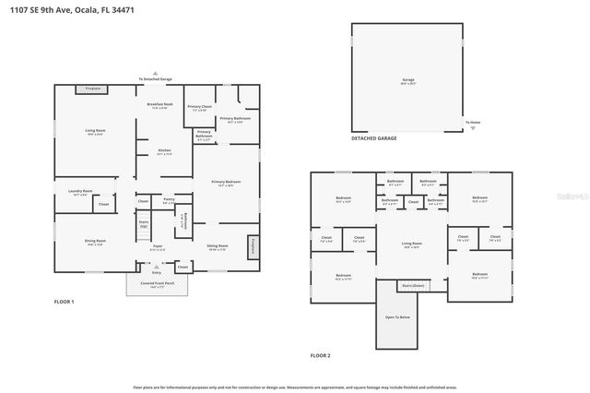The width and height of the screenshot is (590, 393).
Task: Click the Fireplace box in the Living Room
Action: click(92, 89)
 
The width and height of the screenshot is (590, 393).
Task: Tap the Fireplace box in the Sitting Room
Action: click(253, 247)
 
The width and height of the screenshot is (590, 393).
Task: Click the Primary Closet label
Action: click(200, 107)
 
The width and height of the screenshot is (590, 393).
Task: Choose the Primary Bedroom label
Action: click(225, 183)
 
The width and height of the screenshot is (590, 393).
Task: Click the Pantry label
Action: click(169, 199)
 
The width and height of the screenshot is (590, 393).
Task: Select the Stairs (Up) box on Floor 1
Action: click(143, 223)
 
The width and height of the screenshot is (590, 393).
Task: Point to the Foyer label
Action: click(158, 247)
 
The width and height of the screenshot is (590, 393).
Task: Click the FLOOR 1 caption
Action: click(64, 302)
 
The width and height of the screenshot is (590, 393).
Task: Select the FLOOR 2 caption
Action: click(320, 355)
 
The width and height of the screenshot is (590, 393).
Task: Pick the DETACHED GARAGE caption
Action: click(373, 137)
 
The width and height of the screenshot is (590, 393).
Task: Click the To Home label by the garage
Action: click(473, 123)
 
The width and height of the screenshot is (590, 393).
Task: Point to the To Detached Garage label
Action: click(155, 79)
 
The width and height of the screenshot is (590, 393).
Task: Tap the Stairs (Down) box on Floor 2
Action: click(412, 286)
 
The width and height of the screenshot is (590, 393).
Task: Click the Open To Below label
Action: click(397, 317)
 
